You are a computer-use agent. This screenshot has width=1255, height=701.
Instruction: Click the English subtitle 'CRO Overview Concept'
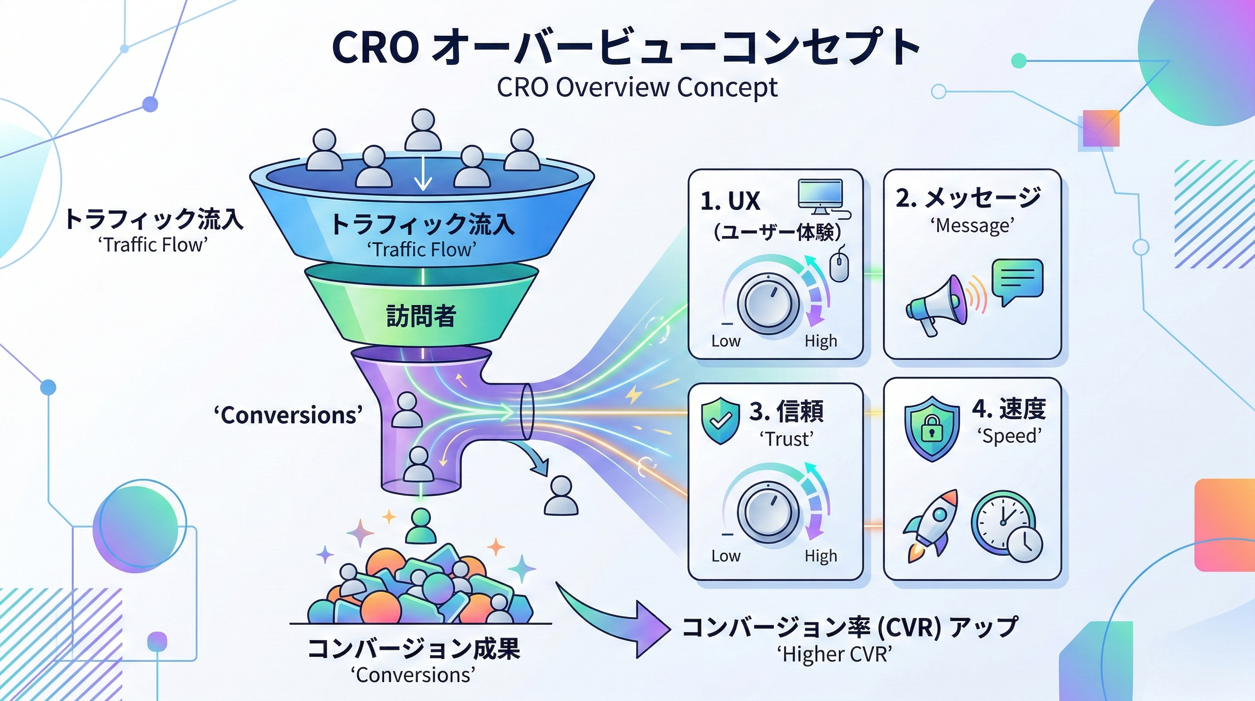637,88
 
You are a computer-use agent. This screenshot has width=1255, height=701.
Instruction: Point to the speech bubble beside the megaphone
1017,280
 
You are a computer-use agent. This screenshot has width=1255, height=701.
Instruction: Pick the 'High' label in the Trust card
820,556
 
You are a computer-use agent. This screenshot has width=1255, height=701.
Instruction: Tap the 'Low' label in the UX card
726,341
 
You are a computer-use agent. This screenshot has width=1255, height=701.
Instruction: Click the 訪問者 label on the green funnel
421,315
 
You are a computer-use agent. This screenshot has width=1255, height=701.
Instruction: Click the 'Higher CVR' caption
834,654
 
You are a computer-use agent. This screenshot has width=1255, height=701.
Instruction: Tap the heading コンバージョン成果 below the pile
414,649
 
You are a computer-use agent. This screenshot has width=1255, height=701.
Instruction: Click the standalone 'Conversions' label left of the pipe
288,415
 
